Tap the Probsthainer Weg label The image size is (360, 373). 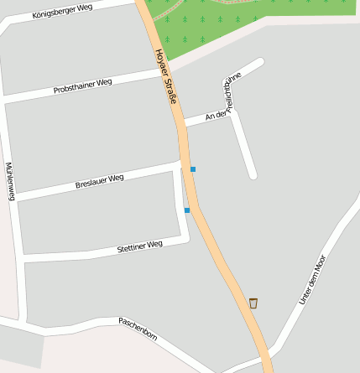tap(82, 85)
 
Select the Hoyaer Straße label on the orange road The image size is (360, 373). tap(166, 75)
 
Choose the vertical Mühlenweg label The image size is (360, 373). tap(10, 181)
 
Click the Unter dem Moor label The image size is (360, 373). tap(311, 277)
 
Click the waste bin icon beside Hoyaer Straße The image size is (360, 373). tap(253, 303)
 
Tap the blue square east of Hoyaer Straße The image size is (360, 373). tap(193, 169)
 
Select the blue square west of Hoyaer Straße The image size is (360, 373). tap(187, 210)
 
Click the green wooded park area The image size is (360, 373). tap(252, 25)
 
